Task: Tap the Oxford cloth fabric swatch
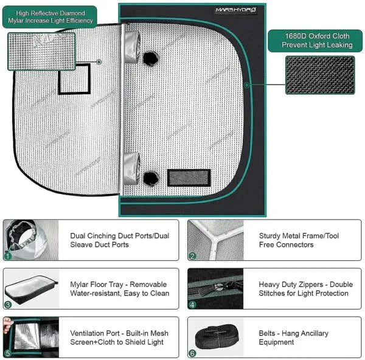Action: pos(320,75)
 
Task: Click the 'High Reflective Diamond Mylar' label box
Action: pos(50,16)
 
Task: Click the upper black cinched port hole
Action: pos(150,57)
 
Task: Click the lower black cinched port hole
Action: pos(150,178)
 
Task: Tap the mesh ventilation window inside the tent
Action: pos(189,178)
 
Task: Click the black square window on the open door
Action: pos(74,79)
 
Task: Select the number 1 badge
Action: pos(8,257)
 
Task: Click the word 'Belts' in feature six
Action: pos(269,333)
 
